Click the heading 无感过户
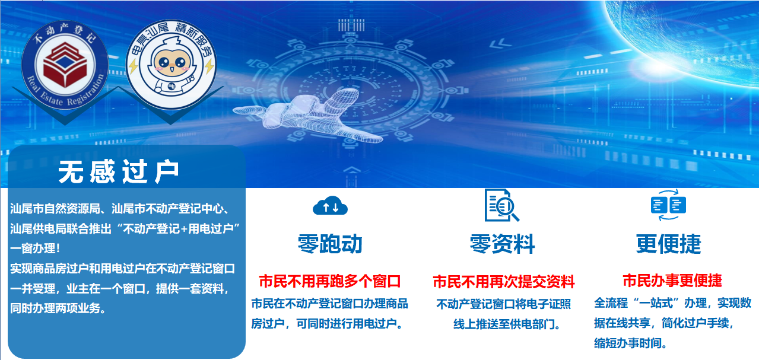(119, 172)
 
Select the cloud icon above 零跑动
(330, 206)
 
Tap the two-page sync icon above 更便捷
(668, 205)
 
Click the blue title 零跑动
(330, 244)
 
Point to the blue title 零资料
(502, 244)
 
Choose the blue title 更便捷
(669, 244)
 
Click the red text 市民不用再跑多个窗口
(330, 281)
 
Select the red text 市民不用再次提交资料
(504, 281)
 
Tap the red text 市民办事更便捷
(672, 281)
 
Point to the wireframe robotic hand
(297, 107)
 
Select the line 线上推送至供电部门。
(507, 324)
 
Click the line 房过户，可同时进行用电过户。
(328, 324)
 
